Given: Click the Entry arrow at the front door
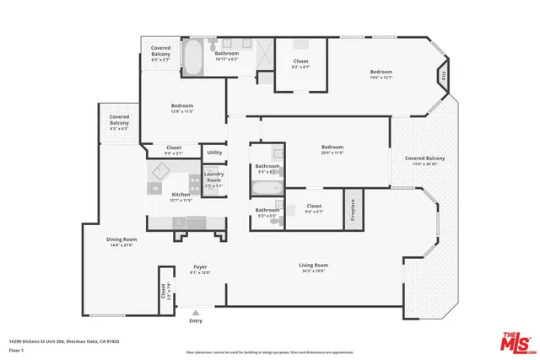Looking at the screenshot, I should [196, 312].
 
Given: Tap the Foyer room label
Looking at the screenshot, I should [200, 266].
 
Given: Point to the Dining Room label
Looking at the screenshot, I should [121, 239].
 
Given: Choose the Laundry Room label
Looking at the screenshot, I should [213, 177].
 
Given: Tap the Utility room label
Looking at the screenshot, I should [214, 153].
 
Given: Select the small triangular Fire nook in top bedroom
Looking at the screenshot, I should [442, 76].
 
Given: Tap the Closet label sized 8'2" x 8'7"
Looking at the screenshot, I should [300, 62].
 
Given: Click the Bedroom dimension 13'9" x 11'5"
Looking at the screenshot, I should [183, 111].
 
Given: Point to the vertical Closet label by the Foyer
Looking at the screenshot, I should [164, 292].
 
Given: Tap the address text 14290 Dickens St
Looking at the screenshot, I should [64, 341].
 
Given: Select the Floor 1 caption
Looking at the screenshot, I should [15, 349].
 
